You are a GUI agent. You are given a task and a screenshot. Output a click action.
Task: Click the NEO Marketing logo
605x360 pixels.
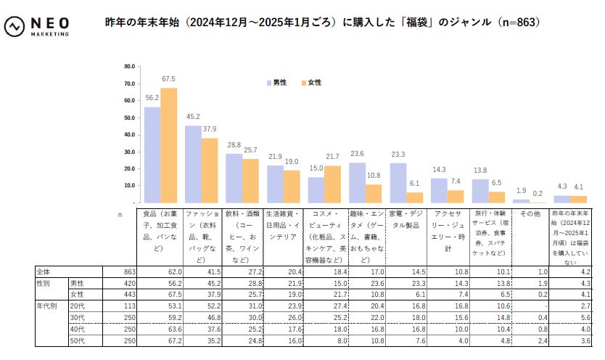[38, 27]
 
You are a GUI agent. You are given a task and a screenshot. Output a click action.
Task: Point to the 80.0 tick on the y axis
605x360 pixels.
[130, 66]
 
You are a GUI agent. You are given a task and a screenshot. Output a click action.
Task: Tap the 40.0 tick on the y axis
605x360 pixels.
[130, 134]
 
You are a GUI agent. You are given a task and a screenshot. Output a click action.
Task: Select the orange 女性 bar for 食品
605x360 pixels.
[168, 145]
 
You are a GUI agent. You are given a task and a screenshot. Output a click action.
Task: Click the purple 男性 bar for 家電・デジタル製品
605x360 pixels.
[398, 183]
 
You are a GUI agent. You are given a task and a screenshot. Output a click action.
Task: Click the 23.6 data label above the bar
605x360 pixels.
[356, 154]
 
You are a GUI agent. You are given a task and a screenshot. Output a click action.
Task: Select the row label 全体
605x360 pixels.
[45, 271]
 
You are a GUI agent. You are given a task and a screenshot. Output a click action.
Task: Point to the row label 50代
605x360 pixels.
[78, 341]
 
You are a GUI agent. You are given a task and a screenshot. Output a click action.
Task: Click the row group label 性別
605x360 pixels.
[45, 283]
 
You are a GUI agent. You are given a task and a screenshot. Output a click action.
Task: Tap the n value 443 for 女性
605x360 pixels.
[128, 295]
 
